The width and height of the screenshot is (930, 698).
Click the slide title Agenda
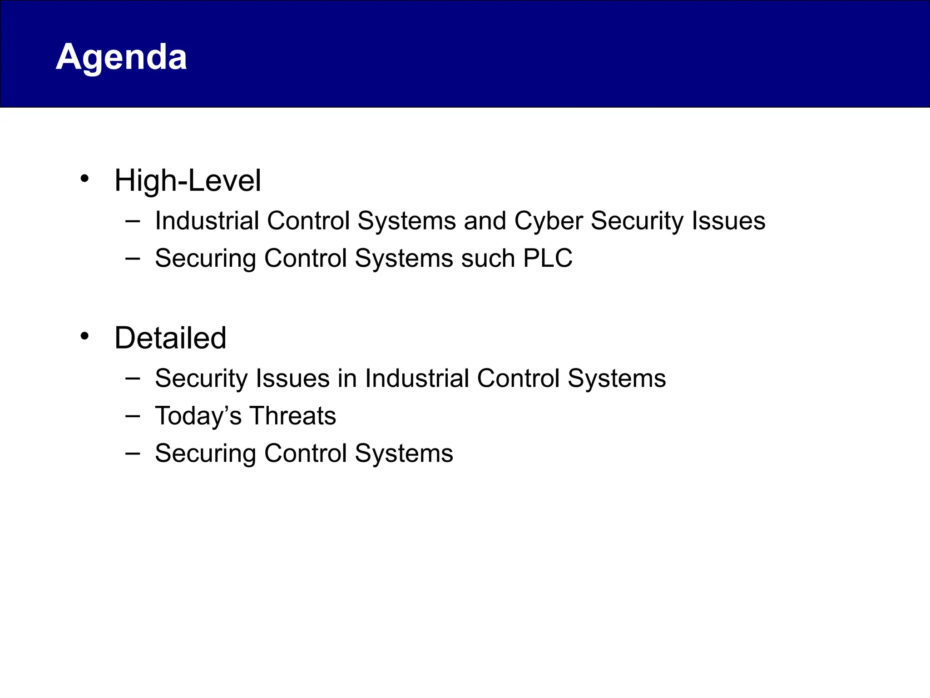(121, 57)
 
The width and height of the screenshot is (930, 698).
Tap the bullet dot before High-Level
(84, 179)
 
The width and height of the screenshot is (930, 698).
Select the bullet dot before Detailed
(84, 336)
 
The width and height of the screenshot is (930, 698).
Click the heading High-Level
(188, 181)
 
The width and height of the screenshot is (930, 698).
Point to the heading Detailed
(170, 338)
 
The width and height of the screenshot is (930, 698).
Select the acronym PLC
(548, 258)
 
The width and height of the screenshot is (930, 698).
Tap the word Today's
(198, 416)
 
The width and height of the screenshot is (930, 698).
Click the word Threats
(293, 416)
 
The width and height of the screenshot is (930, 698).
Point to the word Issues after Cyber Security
(728, 221)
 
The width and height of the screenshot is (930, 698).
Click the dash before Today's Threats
(132, 415)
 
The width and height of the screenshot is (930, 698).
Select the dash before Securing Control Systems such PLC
(132, 258)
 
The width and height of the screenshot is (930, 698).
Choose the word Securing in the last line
(206, 454)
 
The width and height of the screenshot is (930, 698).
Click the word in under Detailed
(347, 379)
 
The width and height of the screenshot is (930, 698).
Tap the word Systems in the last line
(404, 454)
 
